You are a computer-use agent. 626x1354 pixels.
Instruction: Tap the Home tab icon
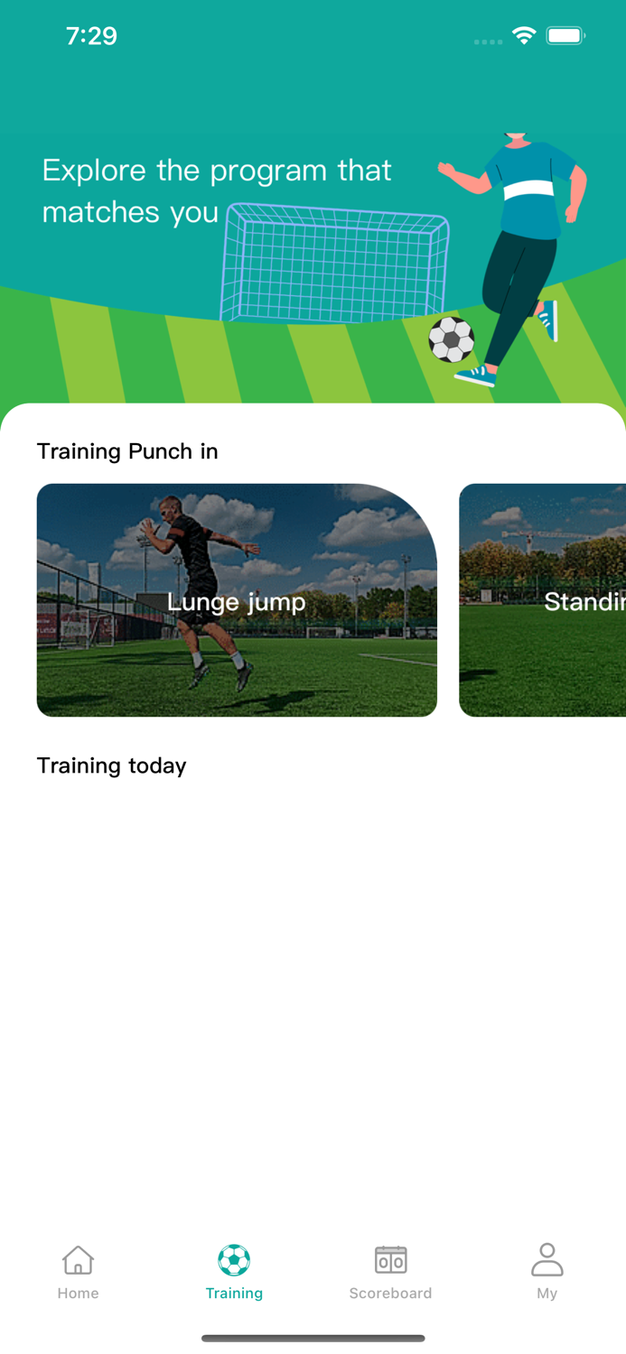point(78,1259)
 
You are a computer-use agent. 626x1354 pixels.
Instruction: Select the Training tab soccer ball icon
point(234,1259)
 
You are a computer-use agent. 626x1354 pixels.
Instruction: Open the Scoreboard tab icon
point(390,1259)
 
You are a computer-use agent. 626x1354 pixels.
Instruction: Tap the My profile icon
point(547,1259)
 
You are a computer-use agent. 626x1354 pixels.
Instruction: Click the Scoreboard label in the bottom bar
point(390,1294)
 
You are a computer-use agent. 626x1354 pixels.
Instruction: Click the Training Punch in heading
point(127,451)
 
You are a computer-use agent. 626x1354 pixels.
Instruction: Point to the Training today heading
point(111,765)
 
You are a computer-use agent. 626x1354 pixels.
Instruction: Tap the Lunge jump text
point(237,601)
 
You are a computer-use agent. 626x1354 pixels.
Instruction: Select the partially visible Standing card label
point(584,601)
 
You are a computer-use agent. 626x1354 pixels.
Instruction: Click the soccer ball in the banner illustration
point(451,339)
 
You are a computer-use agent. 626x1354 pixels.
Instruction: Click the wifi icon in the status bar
point(523,36)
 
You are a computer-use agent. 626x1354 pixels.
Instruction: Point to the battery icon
point(565,36)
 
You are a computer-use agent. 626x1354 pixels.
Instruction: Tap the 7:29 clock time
point(91,36)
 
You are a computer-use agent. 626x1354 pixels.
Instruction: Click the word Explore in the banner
point(94,171)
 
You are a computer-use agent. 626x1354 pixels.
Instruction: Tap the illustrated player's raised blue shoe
point(548,320)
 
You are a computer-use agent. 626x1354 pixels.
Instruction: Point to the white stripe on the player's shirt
point(528,190)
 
